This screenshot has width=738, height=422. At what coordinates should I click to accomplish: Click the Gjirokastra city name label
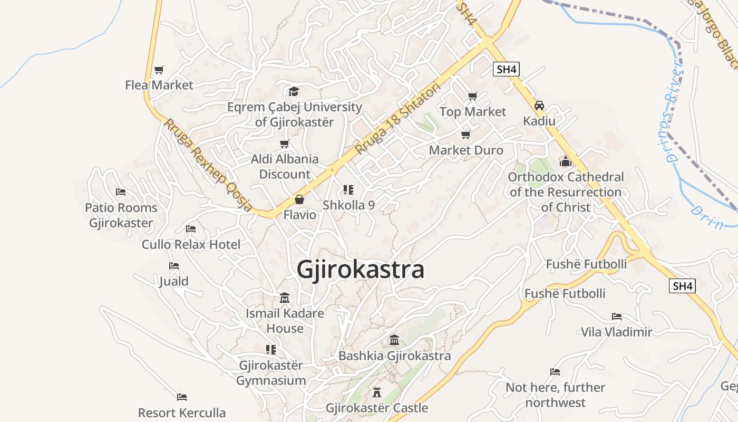coord(360,270)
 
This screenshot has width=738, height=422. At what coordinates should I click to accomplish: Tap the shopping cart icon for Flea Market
coord(159,70)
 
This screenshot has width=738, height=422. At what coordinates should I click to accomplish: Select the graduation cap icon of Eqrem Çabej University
coord(294,92)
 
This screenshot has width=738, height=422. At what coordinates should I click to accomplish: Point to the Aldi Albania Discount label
coord(285,166)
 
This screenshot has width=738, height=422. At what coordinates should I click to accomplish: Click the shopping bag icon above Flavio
coord(299,199)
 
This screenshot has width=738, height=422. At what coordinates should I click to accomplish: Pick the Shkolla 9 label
coord(348,205)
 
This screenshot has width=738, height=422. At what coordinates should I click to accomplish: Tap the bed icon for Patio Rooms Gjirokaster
coord(121,192)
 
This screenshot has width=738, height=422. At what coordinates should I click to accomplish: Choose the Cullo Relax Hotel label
coord(191,244)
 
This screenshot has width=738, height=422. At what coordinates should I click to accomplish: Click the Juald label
coord(174,281)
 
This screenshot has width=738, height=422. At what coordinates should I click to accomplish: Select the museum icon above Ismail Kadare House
coord(285,298)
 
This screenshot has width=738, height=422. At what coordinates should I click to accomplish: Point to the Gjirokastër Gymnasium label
coord(271,373)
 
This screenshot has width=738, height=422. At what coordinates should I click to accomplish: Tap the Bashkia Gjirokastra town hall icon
coord(394,340)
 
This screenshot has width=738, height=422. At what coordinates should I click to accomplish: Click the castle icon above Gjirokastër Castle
coord(377,392)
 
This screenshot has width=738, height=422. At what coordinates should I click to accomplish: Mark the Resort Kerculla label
coord(182,413)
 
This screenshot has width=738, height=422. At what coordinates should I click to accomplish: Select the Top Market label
coord(472,112)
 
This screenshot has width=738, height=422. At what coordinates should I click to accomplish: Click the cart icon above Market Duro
coord(465,135)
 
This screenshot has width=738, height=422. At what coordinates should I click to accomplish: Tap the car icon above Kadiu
coord(539,105)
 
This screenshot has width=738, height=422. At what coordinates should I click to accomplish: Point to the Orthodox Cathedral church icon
coord(566,161)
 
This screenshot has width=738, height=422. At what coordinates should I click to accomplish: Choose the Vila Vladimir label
coord(616,332)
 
